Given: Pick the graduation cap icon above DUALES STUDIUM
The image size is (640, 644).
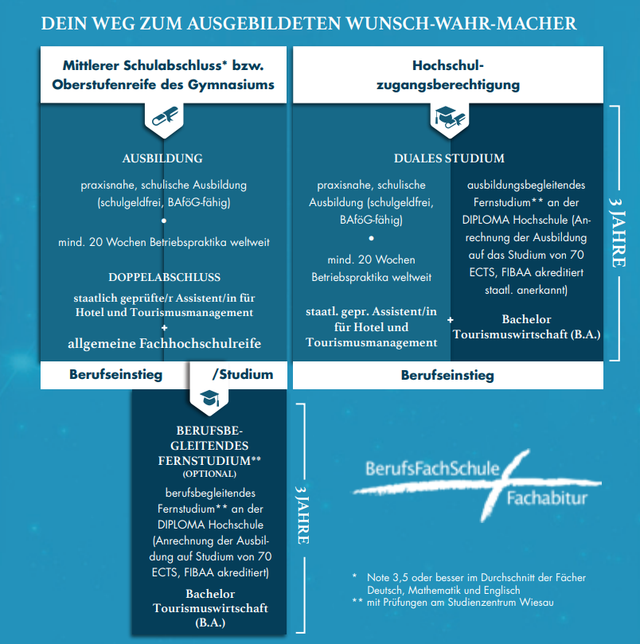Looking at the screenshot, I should coord(447,119).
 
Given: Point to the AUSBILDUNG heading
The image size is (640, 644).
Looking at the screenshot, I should coord(162,158).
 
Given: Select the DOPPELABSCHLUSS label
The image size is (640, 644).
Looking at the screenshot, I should coord(164,277).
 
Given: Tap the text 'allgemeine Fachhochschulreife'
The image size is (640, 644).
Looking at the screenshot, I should coord(164,343).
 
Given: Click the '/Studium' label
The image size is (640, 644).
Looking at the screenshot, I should coord(243,373).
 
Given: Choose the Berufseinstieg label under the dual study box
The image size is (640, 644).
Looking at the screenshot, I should coord(447,374).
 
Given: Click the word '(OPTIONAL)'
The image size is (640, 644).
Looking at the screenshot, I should coord(209,474).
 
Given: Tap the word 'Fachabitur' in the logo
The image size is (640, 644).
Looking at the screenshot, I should coord(548,499).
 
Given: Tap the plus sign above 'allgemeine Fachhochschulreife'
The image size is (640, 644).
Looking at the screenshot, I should coord(164,327).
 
